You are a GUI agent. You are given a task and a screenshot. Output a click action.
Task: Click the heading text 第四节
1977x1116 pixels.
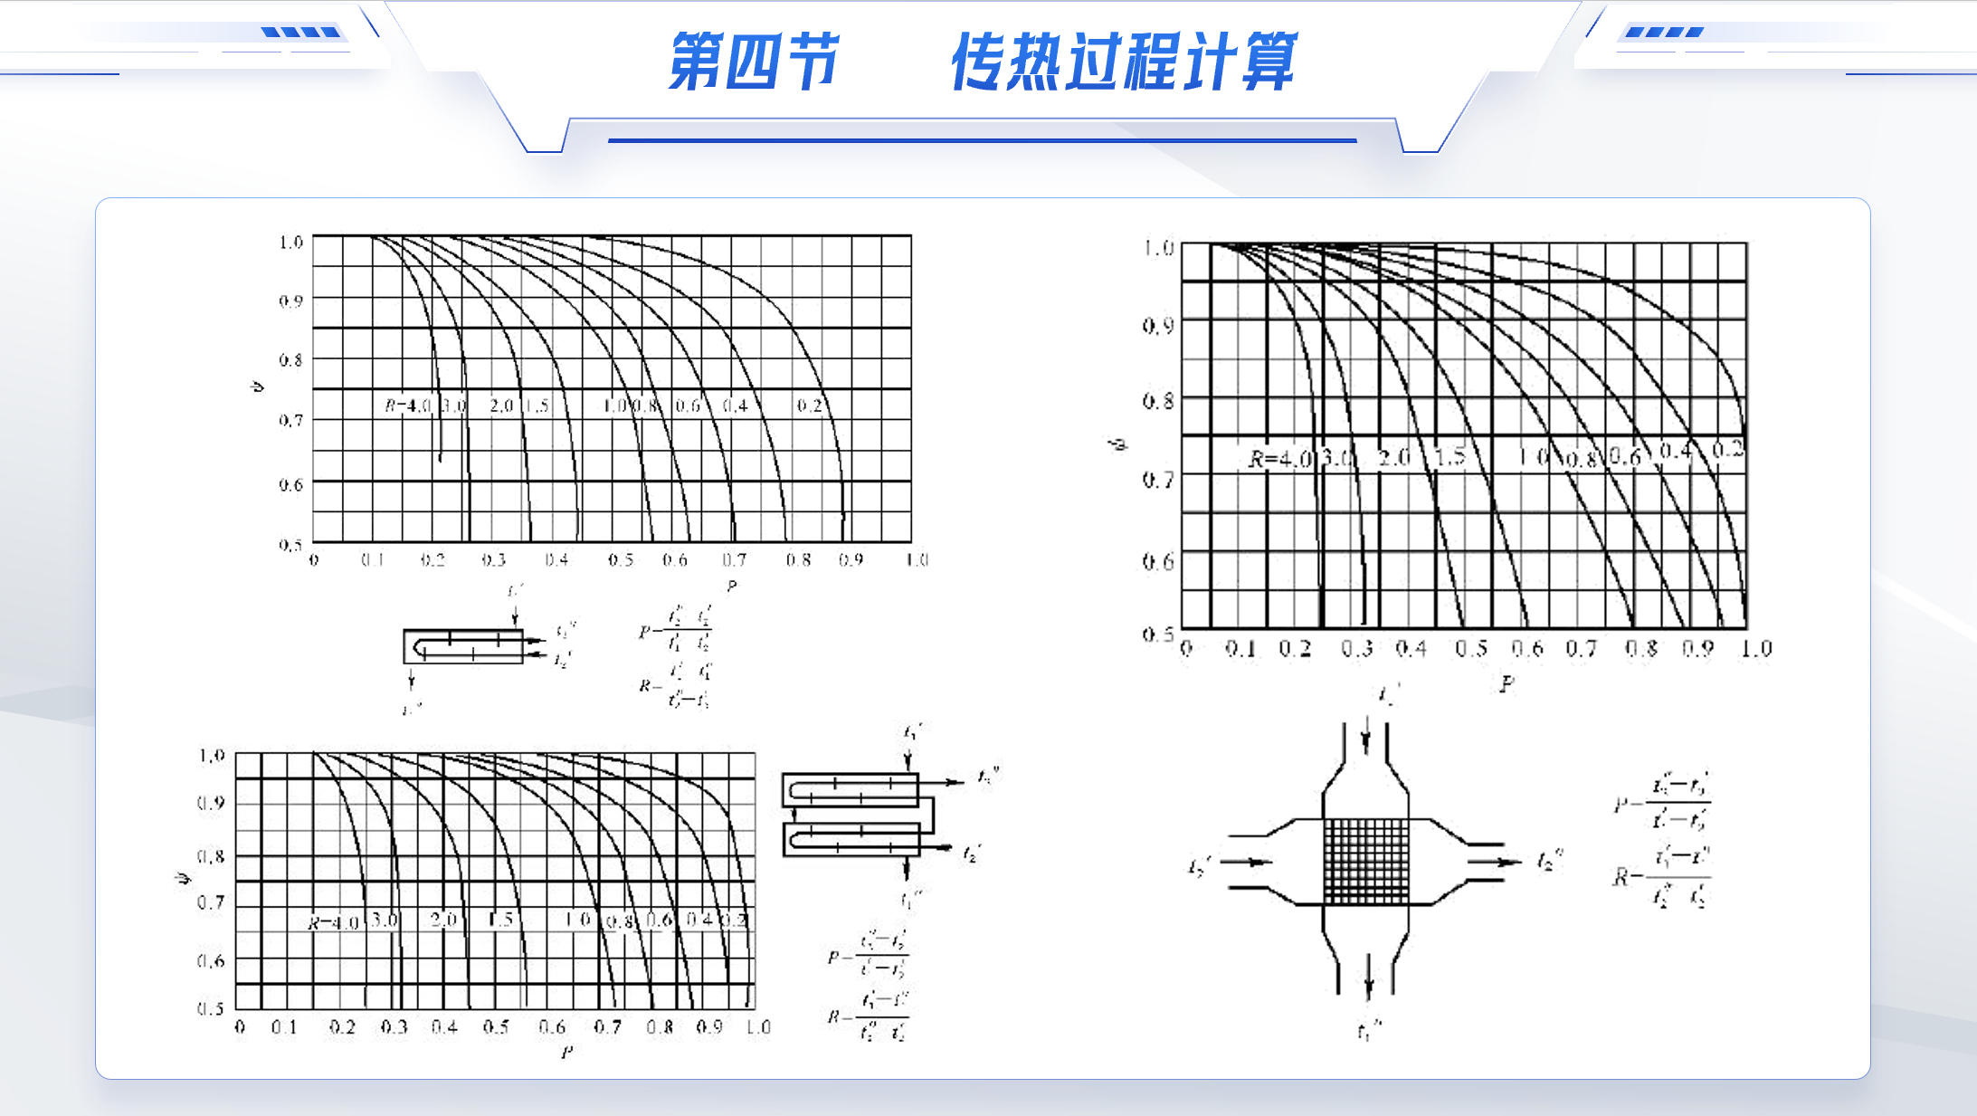click(x=754, y=62)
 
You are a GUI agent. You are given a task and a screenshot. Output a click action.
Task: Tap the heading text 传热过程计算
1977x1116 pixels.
click(x=1124, y=62)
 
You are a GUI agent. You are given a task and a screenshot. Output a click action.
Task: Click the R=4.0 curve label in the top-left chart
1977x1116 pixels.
click(x=408, y=405)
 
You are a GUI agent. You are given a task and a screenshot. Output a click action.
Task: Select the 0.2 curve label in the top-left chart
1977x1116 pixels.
click(x=809, y=405)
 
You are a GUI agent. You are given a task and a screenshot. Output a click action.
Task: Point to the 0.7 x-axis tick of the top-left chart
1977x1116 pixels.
click(x=734, y=560)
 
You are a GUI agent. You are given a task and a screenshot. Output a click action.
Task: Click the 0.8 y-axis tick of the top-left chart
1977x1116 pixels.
click(x=290, y=360)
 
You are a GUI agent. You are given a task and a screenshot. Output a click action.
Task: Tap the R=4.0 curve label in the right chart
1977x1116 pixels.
click(x=1279, y=459)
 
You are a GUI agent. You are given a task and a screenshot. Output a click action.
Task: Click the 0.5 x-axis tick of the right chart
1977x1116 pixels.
click(x=1471, y=649)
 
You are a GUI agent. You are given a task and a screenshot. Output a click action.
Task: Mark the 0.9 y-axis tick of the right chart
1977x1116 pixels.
click(x=1158, y=325)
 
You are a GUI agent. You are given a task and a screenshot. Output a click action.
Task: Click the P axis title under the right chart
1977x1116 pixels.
click(x=1506, y=684)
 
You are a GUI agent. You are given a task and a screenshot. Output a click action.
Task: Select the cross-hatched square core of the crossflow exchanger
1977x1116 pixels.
click(x=1366, y=861)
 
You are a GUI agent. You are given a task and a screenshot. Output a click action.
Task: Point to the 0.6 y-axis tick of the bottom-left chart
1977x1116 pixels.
click(x=210, y=960)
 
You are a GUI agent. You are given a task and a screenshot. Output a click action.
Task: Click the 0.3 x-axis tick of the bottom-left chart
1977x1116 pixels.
click(x=394, y=1027)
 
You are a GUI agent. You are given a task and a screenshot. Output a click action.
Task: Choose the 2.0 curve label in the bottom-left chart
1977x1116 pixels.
click(x=443, y=920)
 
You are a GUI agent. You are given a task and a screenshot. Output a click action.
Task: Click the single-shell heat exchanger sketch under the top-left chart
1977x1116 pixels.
click(x=464, y=646)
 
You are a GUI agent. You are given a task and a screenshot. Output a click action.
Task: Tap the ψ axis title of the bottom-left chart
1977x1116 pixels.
click(x=184, y=879)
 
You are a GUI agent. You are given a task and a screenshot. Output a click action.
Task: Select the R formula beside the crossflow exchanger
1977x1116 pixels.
click(x=1663, y=876)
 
